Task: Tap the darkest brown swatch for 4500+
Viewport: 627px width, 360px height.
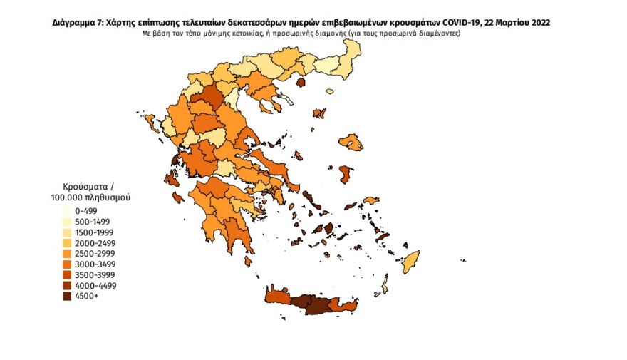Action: coord(64,297)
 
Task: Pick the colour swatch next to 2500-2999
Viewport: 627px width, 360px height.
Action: coord(64,254)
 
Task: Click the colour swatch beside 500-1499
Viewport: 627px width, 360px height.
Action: coord(64,222)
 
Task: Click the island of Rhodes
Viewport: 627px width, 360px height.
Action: coord(410,261)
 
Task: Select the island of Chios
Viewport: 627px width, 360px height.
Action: coord(347,175)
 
